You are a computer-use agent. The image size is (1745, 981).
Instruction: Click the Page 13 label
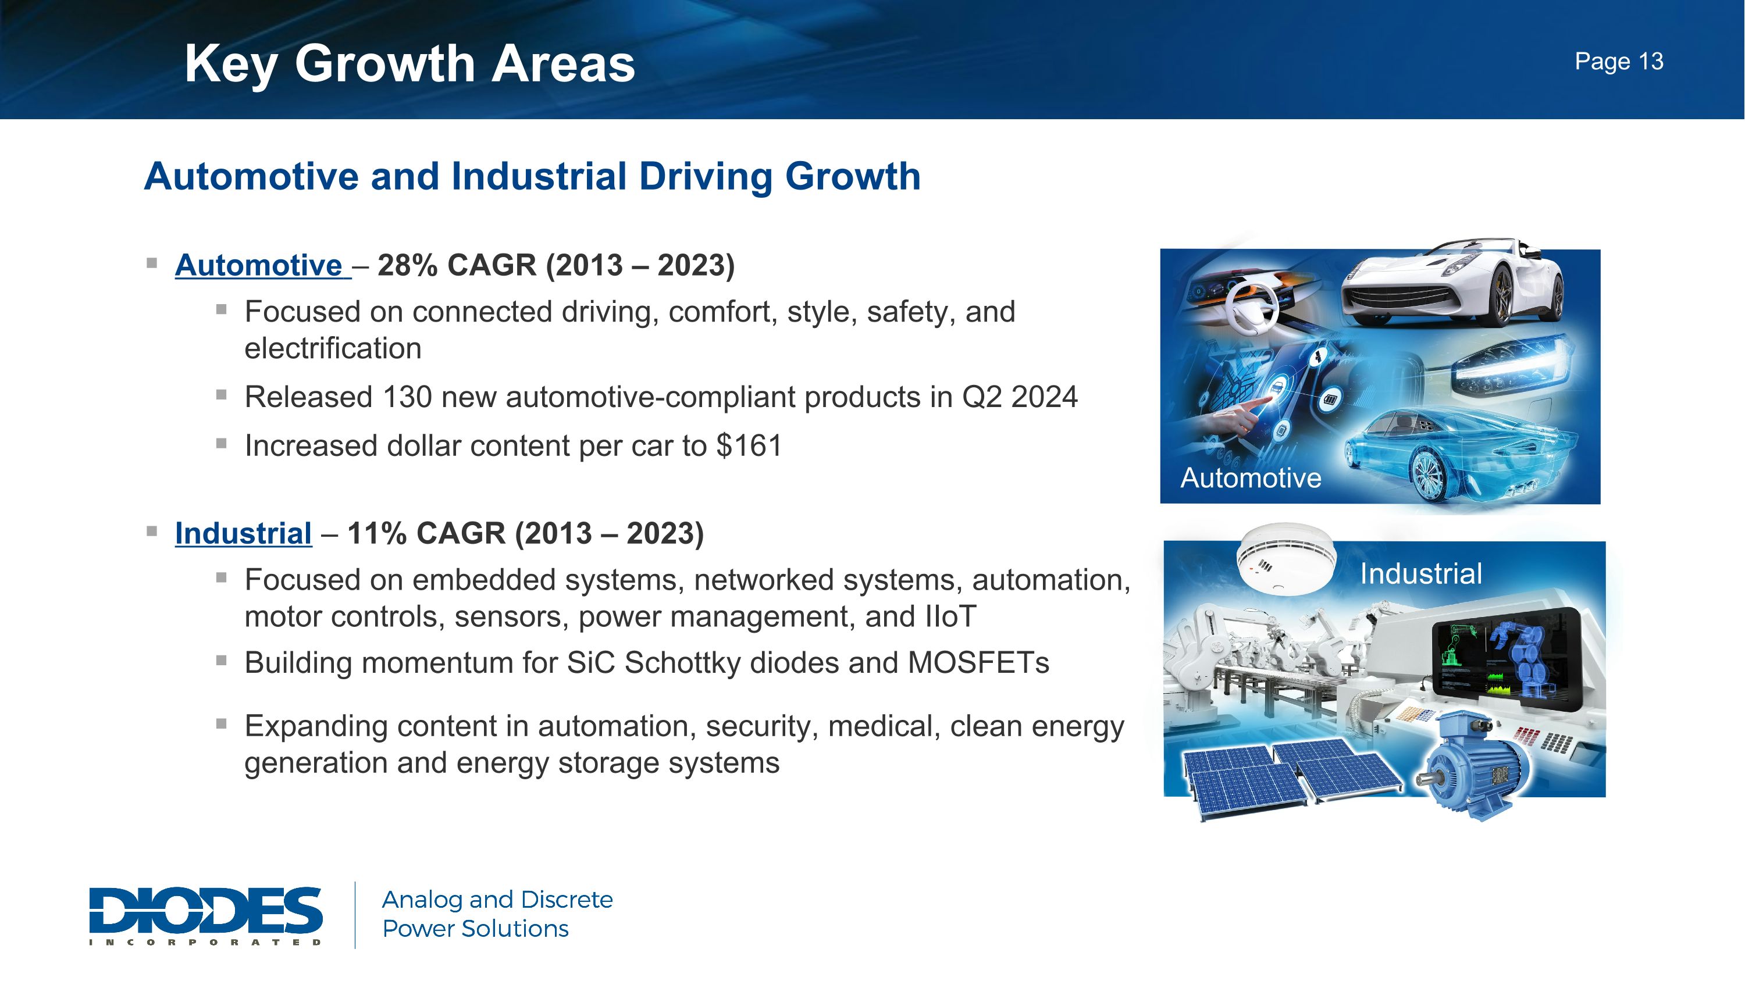coord(1618,62)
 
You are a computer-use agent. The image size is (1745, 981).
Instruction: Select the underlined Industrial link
coord(243,533)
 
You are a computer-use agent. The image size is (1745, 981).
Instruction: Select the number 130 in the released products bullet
coord(407,397)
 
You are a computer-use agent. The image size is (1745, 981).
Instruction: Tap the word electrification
coord(333,349)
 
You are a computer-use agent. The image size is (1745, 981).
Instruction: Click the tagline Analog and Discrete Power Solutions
coord(497,914)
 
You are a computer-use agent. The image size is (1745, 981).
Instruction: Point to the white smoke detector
coord(1284,559)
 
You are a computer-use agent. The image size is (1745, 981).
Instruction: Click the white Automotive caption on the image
coord(1251,479)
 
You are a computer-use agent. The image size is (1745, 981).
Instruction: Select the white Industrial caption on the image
coord(1420,574)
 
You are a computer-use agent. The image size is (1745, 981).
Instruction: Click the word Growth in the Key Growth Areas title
coord(384,65)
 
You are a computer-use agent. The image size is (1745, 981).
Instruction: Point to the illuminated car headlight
coord(1514,369)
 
